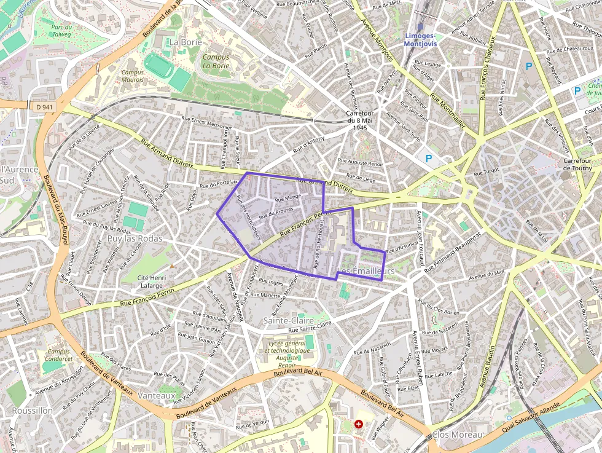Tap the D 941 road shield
(x=43, y=106)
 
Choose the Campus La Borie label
(x=216, y=61)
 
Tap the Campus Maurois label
(x=133, y=76)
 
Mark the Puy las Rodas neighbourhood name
(x=135, y=238)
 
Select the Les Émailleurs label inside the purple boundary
(x=365, y=271)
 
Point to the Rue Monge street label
(x=287, y=198)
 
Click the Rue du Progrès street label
(x=276, y=213)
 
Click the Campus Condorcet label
(x=59, y=355)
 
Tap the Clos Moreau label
(x=457, y=435)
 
